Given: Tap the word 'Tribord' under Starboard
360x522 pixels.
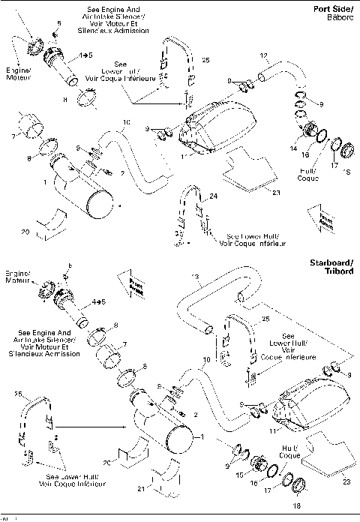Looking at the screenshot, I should [335, 271].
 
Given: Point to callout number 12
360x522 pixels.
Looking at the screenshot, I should [263, 56].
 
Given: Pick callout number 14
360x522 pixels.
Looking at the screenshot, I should [293, 148].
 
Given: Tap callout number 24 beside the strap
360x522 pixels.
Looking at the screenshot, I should [213, 195].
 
